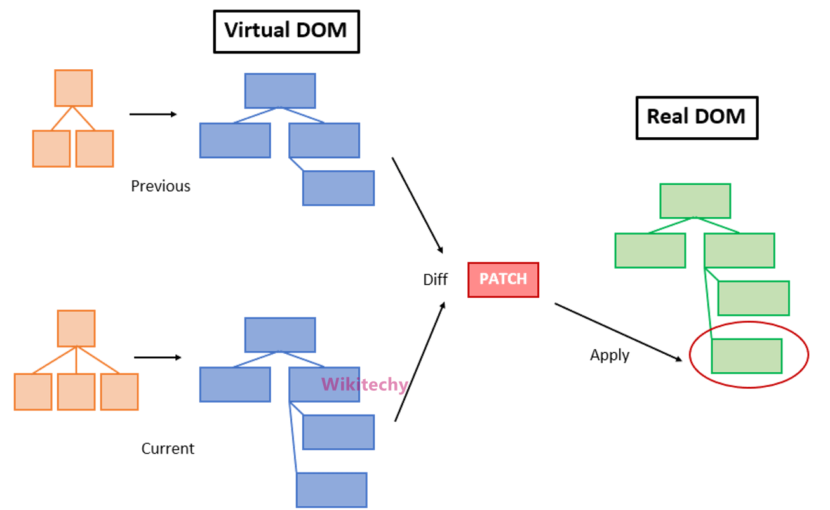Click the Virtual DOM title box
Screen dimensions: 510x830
click(x=286, y=30)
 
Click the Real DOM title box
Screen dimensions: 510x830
click(x=696, y=117)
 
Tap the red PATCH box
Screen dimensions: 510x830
click(x=503, y=279)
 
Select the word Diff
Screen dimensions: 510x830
click(x=435, y=280)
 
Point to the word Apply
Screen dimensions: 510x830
click(x=610, y=355)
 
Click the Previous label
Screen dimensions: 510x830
click(x=161, y=186)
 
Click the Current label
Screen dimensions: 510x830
click(x=168, y=448)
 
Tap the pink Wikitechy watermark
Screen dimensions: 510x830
click(x=365, y=385)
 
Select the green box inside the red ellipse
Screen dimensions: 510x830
click(x=746, y=356)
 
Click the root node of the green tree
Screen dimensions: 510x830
click(x=695, y=201)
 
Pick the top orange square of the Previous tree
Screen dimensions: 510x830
click(x=73, y=88)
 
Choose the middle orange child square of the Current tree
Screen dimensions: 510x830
click(x=76, y=392)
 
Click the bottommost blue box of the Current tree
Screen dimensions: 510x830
click(x=331, y=490)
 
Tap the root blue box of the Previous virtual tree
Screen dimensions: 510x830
click(x=280, y=91)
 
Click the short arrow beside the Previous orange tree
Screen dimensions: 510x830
click(x=152, y=114)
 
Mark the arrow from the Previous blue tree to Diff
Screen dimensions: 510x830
click(x=417, y=205)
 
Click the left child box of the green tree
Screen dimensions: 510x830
click(x=650, y=250)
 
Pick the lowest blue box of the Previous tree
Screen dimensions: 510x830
click(x=338, y=188)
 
